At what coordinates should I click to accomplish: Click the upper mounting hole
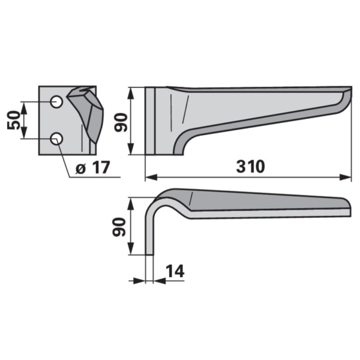point(57,102)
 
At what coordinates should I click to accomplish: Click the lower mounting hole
point(56,139)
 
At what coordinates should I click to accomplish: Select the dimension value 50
point(14,120)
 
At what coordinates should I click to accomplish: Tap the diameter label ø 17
point(93,167)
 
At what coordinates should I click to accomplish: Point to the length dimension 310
point(250,166)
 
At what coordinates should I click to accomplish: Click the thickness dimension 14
point(175,271)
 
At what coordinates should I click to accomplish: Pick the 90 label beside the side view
point(121,122)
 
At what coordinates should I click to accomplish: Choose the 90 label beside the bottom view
point(119,227)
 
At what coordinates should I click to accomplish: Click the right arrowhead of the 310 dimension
point(346,177)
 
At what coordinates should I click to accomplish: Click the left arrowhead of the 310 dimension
point(151,177)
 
